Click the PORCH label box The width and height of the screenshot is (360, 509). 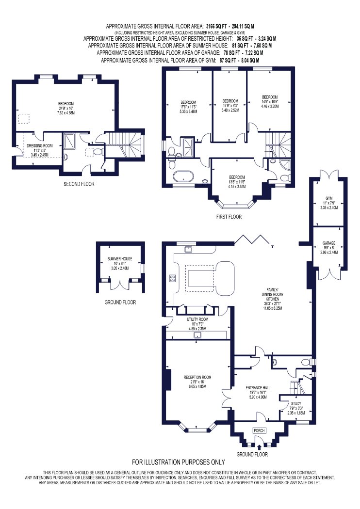click(x=259, y=430)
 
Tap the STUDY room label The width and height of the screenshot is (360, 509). click(x=296, y=403)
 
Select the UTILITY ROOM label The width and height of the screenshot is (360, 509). click(x=197, y=319)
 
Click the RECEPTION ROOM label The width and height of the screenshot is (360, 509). click(x=197, y=377)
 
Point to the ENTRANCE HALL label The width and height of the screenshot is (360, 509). click(x=258, y=388)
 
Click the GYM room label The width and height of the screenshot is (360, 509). click(x=329, y=198)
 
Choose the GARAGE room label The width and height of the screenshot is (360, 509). click(x=329, y=243)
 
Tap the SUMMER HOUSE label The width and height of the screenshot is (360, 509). click(x=120, y=259)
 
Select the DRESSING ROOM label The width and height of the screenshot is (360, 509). click(x=40, y=146)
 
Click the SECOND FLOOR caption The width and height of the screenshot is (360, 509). click(x=79, y=184)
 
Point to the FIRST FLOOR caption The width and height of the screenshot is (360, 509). click(x=229, y=217)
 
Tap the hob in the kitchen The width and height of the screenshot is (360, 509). click(x=173, y=278)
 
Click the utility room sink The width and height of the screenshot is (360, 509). click(x=197, y=335)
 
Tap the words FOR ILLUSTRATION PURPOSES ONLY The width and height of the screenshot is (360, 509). click(x=179, y=462)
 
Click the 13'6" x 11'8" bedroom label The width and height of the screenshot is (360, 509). click(x=237, y=182)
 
